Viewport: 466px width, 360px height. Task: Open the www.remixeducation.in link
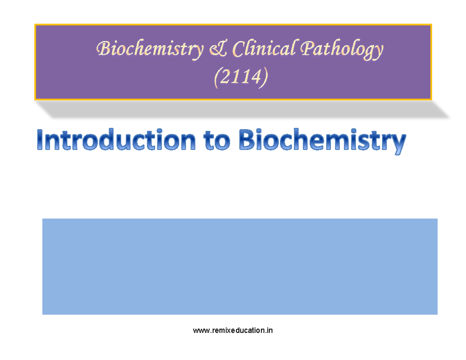233,331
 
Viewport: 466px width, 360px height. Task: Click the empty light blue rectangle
240,266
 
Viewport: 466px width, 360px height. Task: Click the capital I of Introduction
42,142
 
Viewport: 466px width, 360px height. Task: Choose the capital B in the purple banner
103,49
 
